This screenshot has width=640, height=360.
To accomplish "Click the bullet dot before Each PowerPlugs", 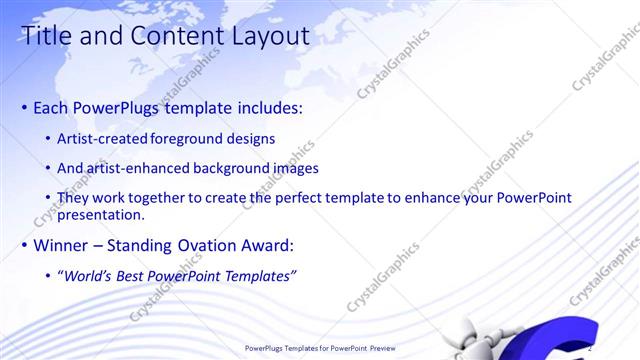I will pyautogui.click(x=24, y=107).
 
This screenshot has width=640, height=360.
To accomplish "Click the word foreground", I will pyautogui.click(x=190, y=138).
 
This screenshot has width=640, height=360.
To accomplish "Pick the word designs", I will pyautogui.click(x=250, y=138).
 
